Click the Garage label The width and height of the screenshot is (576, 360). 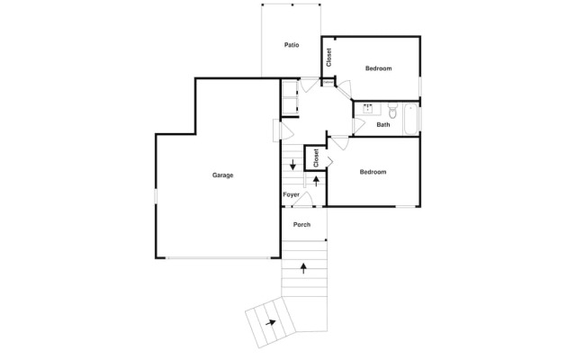tap(222, 175)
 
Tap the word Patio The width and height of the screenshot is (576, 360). tap(292, 44)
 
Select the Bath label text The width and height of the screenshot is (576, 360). tap(383, 125)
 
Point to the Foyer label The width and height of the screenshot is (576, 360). tap(292, 194)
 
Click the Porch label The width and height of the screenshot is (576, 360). tap(301, 224)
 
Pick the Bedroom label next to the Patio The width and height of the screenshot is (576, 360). tap(378, 68)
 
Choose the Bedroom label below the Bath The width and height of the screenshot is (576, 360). tap(373, 172)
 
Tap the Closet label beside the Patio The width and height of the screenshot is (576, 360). tap(329, 58)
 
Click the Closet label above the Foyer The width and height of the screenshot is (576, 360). tap(317, 157)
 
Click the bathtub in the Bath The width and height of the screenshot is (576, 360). tap(410, 119)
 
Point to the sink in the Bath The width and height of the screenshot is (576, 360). tap(368, 110)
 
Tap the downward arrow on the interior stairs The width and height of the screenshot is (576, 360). tap(292, 166)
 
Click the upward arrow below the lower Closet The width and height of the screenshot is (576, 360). tap(316, 181)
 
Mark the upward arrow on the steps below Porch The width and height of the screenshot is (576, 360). tap(303, 267)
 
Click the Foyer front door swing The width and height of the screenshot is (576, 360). tap(305, 200)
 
